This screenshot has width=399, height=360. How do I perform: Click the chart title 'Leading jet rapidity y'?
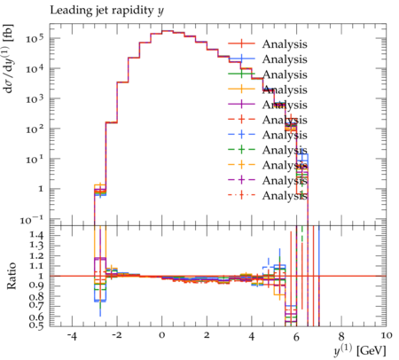click(x=106, y=11)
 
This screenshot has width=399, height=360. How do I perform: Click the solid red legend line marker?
click(x=241, y=43)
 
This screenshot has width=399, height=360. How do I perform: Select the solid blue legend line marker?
click(x=241, y=59)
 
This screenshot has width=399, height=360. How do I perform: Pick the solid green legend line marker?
click(x=241, y=74)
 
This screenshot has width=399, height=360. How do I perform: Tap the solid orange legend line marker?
click(x=241, y=89)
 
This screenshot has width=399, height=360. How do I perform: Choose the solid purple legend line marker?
click(x=241, y=105)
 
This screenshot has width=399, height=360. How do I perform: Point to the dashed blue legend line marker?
click(x=241, y=135)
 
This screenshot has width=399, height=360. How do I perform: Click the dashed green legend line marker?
click(x=241, y=150)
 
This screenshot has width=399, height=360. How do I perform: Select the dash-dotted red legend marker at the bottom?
click(x=241, y=195)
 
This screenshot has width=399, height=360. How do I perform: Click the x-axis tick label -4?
click(x=72, y=336)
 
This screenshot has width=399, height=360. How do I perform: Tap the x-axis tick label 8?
click(x=341, y=336)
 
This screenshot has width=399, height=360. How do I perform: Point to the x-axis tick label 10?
click(x=387, y=336)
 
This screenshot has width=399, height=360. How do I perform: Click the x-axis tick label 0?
click(x=161, y=336)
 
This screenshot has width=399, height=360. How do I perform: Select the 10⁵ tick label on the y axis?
click(x=35, y=38)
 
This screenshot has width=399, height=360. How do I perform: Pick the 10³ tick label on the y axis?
click(x=35, y=98)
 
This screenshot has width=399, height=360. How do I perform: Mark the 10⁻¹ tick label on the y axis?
click(x=32, y=219)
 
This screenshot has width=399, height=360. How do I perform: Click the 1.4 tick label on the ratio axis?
click(x=36, y=236)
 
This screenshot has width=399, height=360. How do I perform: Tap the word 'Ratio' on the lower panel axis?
click(x=12, y=276)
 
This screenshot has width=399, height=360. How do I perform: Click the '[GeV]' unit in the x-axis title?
click(x=372, y=351)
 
